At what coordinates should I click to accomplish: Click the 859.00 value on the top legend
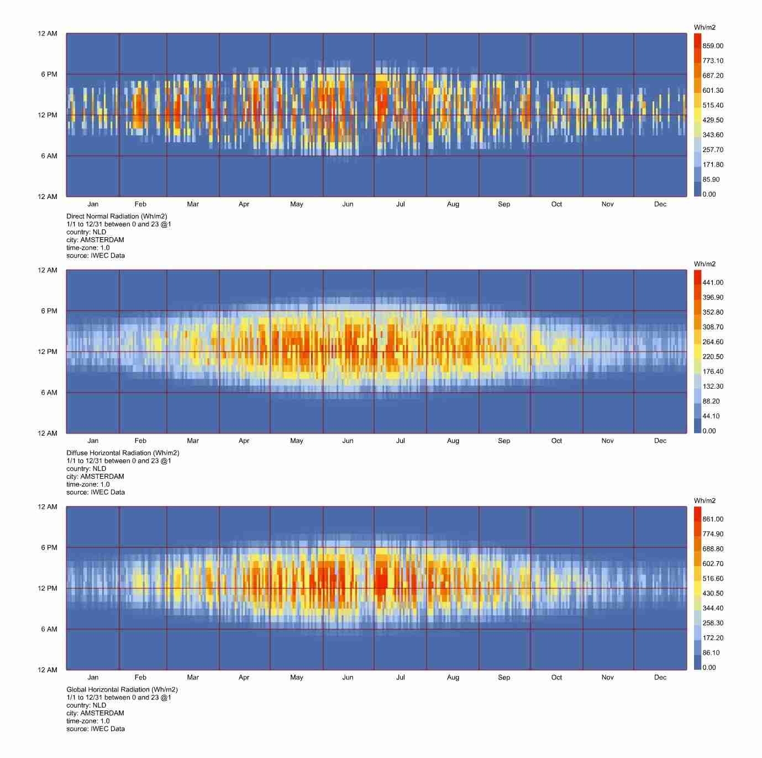(x=712, y=46)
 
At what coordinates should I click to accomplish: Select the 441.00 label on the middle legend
(x=712, y=283)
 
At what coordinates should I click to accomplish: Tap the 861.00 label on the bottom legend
(x=712, y=519)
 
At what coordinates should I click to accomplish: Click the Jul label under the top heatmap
(x=400, y=204)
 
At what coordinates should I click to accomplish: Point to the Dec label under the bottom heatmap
(x=660, y=677)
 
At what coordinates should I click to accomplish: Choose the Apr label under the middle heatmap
(x=244, y=441)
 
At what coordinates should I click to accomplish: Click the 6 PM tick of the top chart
(x=49, y=74)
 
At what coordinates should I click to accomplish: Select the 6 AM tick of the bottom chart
(x=49, y=629)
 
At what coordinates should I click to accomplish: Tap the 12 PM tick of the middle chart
(x=48, y=352)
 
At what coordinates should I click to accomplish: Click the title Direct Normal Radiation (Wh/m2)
(x=117, y=216)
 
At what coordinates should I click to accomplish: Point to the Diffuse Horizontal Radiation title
(x=123, y=453)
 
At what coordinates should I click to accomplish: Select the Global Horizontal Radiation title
(x=122, y=689)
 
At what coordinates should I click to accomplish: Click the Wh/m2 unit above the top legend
(x=705, y=27)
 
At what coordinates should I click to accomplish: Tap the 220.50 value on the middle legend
(x=712, y=357)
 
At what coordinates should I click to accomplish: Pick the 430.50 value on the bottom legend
(x=712, y=593)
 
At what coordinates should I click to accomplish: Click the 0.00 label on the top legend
(x=709, y=194)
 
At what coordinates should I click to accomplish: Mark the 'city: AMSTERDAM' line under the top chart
(x=95, y=240)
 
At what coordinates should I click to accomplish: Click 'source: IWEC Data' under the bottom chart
(x=95, y=729)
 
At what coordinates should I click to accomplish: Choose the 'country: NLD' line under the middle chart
(x=86, y=468)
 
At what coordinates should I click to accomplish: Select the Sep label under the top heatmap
(x=503, y=204)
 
